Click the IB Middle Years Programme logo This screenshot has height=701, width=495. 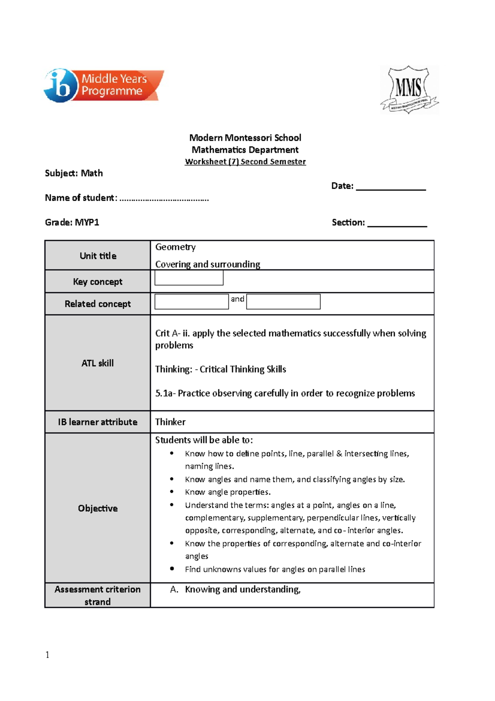[x=104, y=85]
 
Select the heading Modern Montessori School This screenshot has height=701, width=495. [x=245, y=138]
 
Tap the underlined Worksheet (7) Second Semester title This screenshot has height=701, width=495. [x=245, y=162]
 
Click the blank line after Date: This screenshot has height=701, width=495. [x=391, y=187]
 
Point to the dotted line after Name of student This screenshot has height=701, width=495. [x=164, y=199]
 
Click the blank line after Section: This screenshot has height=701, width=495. [x=397, y=223]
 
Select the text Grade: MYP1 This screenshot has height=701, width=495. [x=72, y=223]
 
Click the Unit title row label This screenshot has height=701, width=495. [x=98, y=256]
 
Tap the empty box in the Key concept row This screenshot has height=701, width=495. [x=189, y=278]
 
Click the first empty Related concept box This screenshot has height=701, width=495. [x=191, y=301]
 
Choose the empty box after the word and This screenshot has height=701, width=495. [x=283, y=301]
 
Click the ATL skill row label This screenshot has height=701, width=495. [x=97, y=363]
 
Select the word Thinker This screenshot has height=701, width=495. [x=170, y=422]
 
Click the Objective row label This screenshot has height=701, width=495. [x=98, y=508]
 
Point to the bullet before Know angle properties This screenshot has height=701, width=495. [x=172, y=492]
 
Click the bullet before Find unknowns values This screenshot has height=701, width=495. [x=172, y=569]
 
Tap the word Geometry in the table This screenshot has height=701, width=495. [x=175, y=247]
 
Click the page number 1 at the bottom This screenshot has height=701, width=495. [x=47, y=655]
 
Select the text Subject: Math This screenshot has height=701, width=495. [x=74, y=173]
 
